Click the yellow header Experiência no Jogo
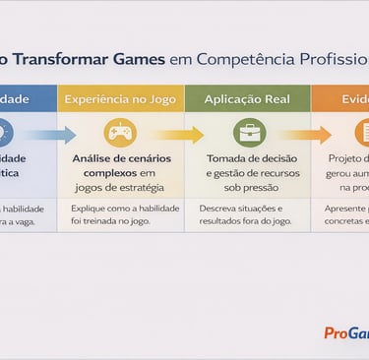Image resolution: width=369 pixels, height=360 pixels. coord(120,99)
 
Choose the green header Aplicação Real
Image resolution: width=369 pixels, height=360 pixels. coord(247,99)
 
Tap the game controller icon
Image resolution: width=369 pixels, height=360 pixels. coord(120,133)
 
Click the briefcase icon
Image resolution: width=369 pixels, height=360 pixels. coord(248,133)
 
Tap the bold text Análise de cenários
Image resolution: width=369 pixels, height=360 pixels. coord(120,158)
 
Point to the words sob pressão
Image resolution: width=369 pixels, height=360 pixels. coord(247,187)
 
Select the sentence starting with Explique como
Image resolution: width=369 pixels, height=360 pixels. coord(120,215)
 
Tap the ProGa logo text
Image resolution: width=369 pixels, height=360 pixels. coord(346,332)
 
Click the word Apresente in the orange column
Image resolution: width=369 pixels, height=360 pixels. coord(345,209)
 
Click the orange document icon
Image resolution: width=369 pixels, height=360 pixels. coord(362,133)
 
